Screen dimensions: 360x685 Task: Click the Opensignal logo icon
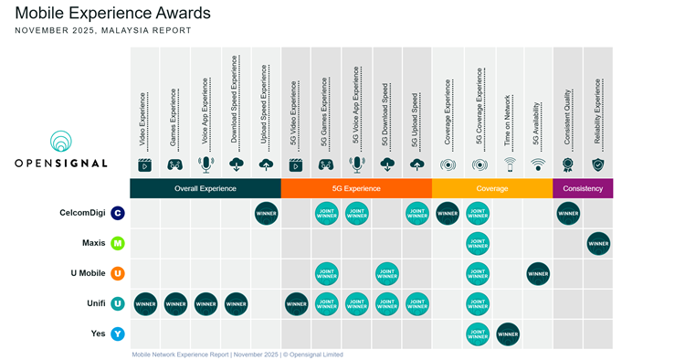click(x=61, y=143)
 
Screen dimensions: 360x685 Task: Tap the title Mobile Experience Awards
click(x=112, y=14)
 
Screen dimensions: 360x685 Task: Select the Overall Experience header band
click(x=205, y=188)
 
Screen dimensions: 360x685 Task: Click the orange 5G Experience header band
click(x=356, y=188)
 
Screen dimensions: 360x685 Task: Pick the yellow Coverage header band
click(x=492, y=188)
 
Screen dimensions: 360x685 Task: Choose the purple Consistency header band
click(x=583, y=188)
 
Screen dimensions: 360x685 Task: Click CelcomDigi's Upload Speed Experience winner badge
click(x=266, y=214)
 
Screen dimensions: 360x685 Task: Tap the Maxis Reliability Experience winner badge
click(x=598, y=244)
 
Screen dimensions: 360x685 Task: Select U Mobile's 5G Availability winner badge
click(x=538, y=273)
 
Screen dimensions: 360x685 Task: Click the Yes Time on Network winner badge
click(x=508, y=334)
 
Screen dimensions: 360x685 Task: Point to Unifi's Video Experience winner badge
click(x=145, y=303)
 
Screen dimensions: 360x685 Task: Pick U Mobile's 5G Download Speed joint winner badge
click(x=387, y=273)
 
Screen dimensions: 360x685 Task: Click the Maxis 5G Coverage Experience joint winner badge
click(x=478, y=244)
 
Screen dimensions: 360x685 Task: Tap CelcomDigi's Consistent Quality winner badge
click(x=568, y=214)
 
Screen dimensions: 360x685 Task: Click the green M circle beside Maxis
click(x=117, y=244)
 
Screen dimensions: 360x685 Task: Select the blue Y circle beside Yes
click(x=117, y=334)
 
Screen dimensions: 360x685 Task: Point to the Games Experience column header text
click(x=174, y=120)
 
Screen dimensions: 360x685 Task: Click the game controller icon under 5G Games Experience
click(x=326, y=165)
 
